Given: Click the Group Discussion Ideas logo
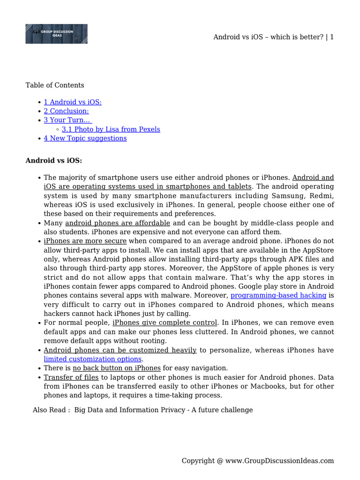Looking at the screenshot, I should (x=56, y=34).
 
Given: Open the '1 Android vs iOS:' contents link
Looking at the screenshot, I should (x=73, y=102).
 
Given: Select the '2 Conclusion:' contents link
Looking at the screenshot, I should (x=66, y=111).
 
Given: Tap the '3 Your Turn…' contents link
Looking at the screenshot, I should (x=67, y=120).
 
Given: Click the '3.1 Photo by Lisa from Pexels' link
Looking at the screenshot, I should (x=111, y=129).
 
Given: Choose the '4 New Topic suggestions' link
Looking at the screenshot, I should (x=85, y=138).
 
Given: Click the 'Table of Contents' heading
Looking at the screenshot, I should (x=55, y=85).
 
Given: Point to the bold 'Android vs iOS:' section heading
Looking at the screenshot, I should (x=53, y=161).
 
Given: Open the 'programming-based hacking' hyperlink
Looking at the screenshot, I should (x=278, y=295).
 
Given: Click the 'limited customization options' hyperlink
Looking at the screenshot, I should (x=92, y=359).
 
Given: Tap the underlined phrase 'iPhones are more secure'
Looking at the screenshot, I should (x=85, y=241).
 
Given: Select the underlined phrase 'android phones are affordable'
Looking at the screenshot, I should (x=118, y=223).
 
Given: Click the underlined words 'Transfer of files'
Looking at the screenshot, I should (x=71, y=377).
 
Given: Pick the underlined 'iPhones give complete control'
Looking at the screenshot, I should (x=165, y=323).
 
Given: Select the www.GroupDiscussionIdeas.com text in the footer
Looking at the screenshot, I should (x=279, y=461).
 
